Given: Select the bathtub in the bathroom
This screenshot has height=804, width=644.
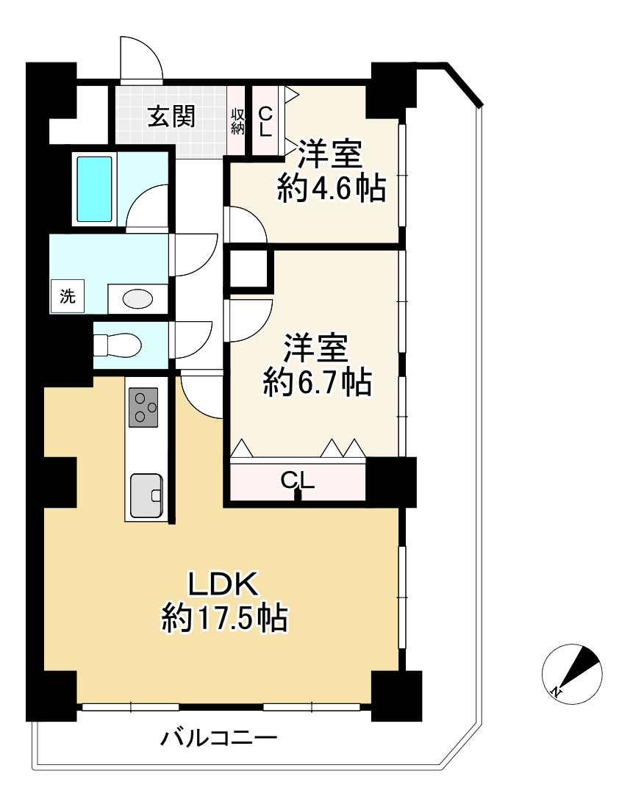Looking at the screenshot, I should [x=95, y=189].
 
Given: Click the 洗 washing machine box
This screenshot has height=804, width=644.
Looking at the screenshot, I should [x=68, y=298].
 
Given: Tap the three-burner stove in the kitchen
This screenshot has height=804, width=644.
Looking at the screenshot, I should [x=143, y=407].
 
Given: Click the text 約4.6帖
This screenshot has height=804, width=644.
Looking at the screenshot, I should [x=332, y=190].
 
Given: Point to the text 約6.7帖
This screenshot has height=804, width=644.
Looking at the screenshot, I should [x=318, y=383].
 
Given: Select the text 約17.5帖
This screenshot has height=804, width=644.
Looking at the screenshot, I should [x=224, y=620].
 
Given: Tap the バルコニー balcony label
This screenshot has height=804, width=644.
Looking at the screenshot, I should [x=219, y=737].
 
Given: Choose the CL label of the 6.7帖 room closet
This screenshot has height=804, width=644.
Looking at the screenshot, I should [x=298, y=480].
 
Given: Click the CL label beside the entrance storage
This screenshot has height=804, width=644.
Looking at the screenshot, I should [x=265, y=121].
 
